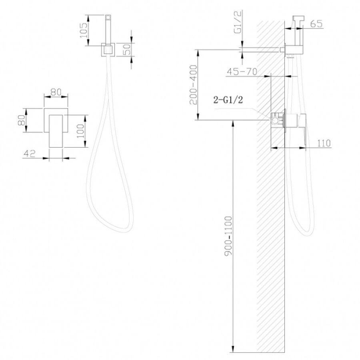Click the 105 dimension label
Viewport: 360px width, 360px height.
pyautogui.click(x=84, y=30)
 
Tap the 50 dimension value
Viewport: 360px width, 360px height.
pyautogui.click(x=127, y=49)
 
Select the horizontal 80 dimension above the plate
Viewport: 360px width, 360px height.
pyautogui.click(x=56, y=92)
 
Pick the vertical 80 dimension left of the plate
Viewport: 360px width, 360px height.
pyautogui.click(x=22, y=120)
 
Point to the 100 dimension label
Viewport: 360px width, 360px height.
pyautogui.click(x=80, y=131)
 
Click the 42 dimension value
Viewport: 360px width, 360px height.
pyautogui.click(x=30, y=153)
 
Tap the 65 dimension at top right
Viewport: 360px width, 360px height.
pyautogui.click(x=317, y=24)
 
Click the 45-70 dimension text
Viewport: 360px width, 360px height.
pyautogui.click(x=242, y=72)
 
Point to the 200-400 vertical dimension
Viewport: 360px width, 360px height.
pyautogui.click(x=193, y=85)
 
